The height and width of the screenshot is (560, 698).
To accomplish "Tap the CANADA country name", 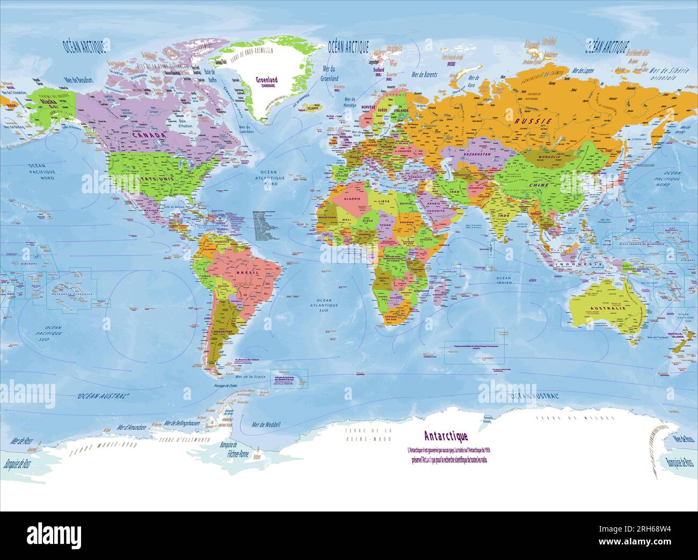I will click(146, 135).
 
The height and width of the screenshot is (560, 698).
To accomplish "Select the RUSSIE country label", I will click(533, 121).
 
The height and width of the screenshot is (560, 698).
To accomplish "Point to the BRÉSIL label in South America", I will click(248, 273).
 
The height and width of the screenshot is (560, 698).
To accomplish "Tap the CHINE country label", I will click(539, 185).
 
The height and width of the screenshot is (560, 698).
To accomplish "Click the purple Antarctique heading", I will click(446, 435).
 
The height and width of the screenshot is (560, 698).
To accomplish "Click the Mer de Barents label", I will click(424, 75).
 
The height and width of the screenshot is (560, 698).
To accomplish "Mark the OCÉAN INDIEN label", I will click(504, 280).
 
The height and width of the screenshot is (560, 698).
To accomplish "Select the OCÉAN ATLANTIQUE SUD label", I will click(324, 305).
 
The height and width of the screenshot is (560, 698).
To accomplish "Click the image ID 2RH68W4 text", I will click(648, 529).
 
